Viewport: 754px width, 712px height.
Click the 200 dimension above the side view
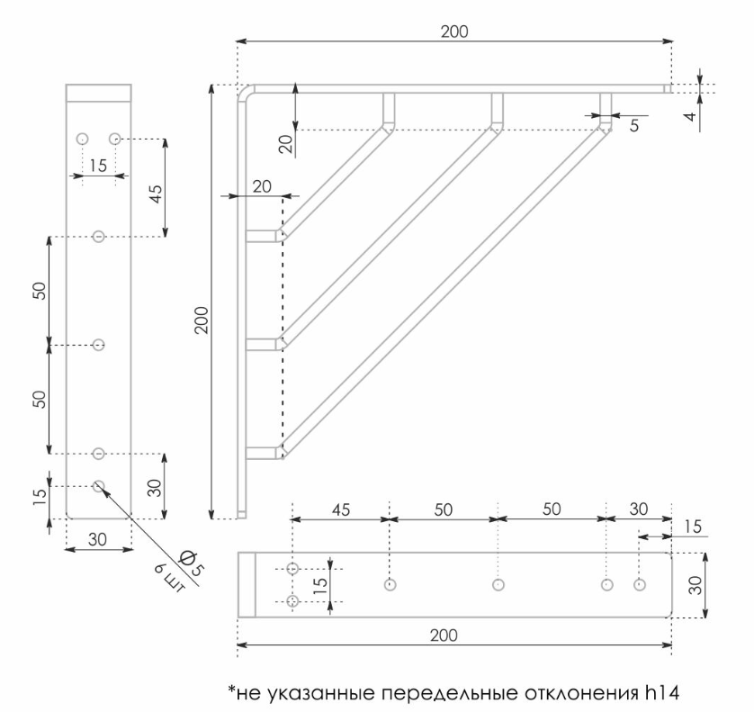click(453, 32)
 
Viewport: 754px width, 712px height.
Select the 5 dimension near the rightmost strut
click(635, 126)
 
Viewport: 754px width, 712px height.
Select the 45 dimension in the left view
click(154, 194)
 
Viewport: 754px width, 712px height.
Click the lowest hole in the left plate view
click(99, 486)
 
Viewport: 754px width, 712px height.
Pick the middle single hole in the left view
click(99, 345)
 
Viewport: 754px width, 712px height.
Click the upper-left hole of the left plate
click(82, 139)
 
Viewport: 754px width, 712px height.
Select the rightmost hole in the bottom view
click(640, 584)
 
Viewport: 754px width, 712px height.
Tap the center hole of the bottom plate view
click(498, 584)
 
